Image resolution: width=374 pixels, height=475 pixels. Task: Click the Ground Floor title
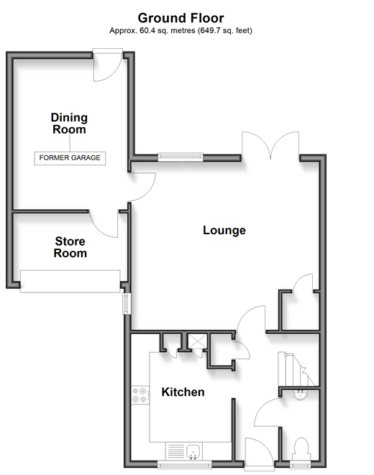pos(181,18)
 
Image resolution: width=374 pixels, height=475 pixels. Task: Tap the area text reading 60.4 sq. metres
pos(168,31)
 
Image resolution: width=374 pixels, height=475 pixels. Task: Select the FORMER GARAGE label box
pos(70,158)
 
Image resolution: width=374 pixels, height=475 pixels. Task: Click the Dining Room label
pos(69,124)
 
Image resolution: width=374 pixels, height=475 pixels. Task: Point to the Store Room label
pos(70,247)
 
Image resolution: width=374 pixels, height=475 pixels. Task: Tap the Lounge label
pos(224,230)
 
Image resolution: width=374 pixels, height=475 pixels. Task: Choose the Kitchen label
pos(183,392)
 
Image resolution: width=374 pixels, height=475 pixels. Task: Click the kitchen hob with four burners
pos(140,395)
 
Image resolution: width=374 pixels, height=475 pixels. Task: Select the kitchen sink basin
pos(193,451)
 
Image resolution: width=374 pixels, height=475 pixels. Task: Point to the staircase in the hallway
pos(298,369)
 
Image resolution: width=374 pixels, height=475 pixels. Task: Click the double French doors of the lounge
pos(270,145)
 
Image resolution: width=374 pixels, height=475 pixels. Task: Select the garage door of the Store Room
pos(70,281)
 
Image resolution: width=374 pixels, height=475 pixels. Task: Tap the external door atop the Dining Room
pos(108,65)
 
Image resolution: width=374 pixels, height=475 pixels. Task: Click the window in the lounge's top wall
pos(181,157)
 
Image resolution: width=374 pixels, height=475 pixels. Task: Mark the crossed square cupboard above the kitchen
pos(197,341)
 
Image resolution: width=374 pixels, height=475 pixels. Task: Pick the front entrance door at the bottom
pos(260,453)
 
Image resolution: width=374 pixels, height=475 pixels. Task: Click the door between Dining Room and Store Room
pos(104,223)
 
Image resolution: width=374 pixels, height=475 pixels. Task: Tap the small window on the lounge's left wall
pos(127,303)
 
